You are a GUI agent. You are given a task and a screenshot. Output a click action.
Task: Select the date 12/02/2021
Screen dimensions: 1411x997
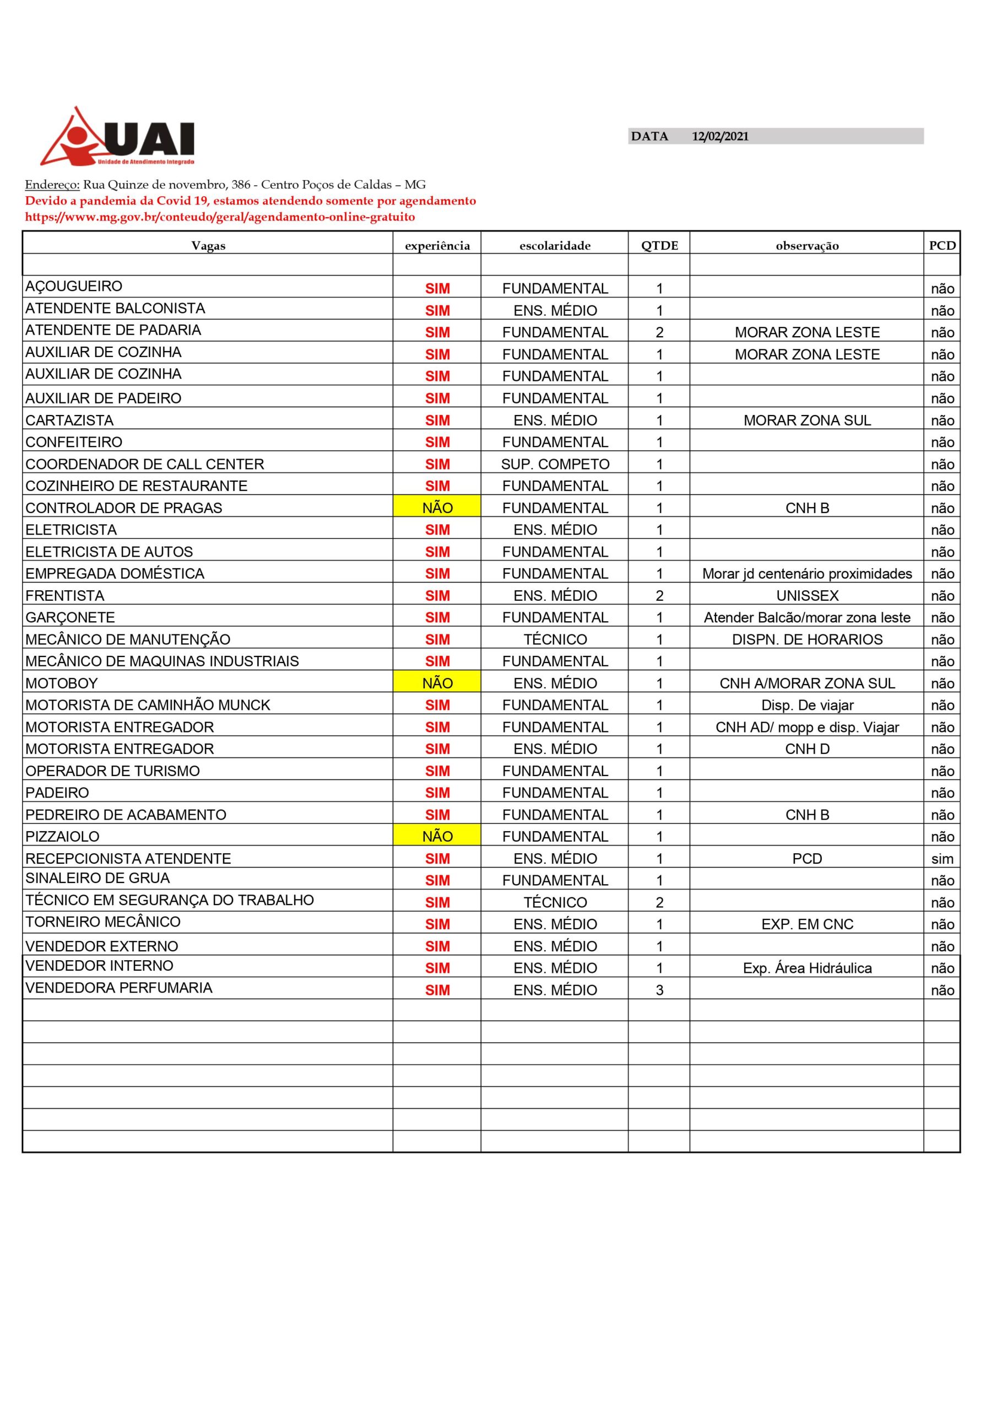[x=720, y=137]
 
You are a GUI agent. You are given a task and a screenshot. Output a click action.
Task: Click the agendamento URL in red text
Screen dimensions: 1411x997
[x=220, y=217]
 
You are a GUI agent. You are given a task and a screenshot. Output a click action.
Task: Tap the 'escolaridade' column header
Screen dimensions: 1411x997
[x=555, y=246]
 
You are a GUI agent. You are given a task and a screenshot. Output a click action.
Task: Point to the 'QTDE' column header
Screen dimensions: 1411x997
[x=659, y=246]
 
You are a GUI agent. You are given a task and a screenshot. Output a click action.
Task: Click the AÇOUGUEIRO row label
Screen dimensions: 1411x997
[x=74, y=287]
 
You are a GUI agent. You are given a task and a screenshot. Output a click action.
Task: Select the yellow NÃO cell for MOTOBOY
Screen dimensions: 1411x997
[x=437, y=683]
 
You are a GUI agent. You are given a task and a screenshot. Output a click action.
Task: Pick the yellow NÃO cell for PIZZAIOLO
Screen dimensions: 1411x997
[x=437, y=836]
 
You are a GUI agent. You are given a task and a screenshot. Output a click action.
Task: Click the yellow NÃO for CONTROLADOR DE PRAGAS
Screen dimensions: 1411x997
[x=437, y=508]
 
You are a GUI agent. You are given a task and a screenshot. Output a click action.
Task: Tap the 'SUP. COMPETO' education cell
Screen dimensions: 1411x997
[x=555, y=464]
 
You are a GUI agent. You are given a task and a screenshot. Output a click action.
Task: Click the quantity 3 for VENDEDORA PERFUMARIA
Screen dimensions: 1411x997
[x=659, y=990]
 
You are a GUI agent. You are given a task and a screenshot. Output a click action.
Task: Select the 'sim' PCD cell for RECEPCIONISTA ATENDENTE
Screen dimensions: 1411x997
[x=942, y=859]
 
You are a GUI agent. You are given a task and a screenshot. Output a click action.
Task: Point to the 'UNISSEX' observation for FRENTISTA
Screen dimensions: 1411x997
[x=806, y=595]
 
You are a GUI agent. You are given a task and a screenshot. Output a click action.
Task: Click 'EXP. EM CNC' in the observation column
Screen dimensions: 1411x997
[x=806, y=924]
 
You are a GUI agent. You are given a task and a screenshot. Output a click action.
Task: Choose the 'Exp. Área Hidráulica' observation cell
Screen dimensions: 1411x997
[x=806, y=968]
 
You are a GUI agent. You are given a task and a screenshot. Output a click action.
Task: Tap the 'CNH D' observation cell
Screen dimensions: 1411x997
[x=806, y=749]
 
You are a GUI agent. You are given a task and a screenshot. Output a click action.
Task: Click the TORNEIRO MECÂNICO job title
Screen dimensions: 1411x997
[x=102, y=922]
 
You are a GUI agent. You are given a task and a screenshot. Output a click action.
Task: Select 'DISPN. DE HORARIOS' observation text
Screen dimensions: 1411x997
[x=806, y=640]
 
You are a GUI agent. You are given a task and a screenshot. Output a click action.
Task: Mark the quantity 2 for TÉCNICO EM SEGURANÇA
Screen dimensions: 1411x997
[x=659, y=902]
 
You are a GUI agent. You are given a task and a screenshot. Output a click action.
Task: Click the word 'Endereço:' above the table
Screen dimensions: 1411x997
[x=52, y=185]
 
